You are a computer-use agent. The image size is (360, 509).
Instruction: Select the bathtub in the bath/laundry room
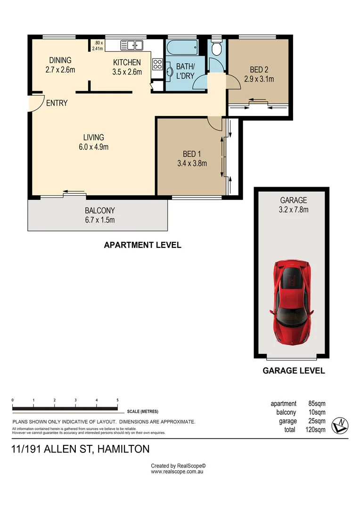coord(182,47)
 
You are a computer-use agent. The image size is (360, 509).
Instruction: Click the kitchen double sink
coord(132,46)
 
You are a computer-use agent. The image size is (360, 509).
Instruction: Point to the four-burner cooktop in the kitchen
coord(157,65)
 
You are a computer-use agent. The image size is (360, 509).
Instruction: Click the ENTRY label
coord(57,103)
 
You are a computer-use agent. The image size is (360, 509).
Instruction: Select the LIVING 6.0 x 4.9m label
coord(93,142)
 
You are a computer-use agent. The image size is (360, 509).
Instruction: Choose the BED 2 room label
coord(259,74)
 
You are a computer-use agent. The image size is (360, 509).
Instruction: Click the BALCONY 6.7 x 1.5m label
coord(99,215)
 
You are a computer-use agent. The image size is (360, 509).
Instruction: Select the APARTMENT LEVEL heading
coord(142,245)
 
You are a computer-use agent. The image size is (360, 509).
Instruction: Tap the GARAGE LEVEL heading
coord(294,370)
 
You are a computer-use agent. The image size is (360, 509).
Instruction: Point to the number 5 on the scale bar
coord(117,400)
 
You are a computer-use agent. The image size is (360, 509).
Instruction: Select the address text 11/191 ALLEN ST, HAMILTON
coord(80,449)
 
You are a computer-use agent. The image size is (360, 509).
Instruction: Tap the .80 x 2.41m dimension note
coord(98,46)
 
